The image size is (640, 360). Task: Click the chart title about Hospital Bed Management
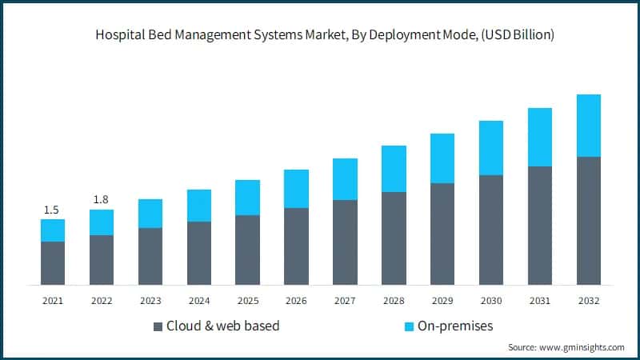pyautogui.click(x=320, y=35)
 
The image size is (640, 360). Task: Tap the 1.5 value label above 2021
pyautogui.click(x=51, y=210)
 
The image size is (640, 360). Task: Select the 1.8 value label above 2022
pyautogui.click(x=101, y=199)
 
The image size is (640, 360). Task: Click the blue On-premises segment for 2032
pyautogui.click(x=588, y=126)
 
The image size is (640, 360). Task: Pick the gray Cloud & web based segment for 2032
pyautogui.click(x=588, y=221)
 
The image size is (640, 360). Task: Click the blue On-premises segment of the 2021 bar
pyautogui.click(x=53, y=230)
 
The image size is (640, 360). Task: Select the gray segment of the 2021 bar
pyautogui.click(x=53, y=263)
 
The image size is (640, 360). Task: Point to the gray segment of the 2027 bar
pyautogui.click(x=345, y=242)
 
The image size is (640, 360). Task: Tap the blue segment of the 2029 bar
pyautogui.click(x=442, y=158)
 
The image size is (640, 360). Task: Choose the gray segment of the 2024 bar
pyautogui.click(x=199, y=253)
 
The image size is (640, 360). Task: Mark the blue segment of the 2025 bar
pyautogui.click(x=247, y=198)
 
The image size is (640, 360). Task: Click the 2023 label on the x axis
pyautogui.click(x=150, y=301)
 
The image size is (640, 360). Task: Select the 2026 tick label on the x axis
pyautogui.click(x=296, y=301)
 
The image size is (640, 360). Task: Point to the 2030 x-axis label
pyautogui.click(x=490, y=301)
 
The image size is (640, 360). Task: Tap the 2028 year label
pyautogui.click(x=394, y=301)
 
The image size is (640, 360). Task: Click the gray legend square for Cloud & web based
pyautogui.click(x=157, y=326)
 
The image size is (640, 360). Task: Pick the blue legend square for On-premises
pyautogui.click(x=409, y=326)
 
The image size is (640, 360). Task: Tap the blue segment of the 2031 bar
pyautogui.click(x=539, y=137)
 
